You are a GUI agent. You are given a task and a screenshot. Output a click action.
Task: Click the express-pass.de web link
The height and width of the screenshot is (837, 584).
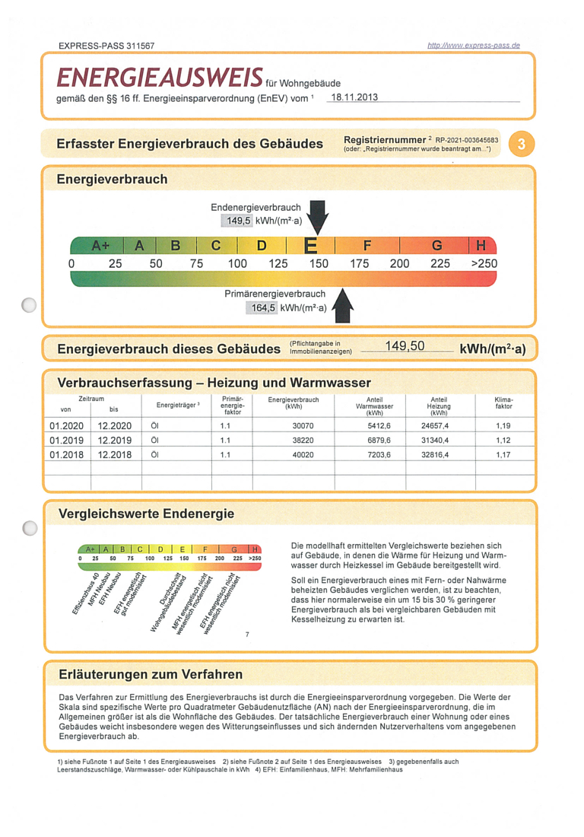click(x=474, y=46)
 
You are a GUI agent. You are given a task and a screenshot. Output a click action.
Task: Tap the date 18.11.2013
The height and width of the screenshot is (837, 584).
click(x=354, y=97)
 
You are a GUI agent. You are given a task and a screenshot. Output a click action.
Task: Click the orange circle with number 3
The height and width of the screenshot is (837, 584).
click(x=521, y=144)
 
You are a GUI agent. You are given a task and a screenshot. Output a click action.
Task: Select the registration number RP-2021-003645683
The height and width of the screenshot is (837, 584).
click(x=467, y=141)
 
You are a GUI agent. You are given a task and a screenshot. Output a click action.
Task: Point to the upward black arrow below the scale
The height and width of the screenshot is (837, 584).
click(x=343, y=305)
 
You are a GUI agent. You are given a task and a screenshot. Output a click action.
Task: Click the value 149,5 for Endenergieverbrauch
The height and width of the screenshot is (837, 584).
click(x=239, y=221)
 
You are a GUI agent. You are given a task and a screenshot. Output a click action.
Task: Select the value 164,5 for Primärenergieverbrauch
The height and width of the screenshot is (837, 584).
click(x=263, y=308)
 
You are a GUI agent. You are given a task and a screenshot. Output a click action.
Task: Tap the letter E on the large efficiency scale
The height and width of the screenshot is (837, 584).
click(x=310, y=246)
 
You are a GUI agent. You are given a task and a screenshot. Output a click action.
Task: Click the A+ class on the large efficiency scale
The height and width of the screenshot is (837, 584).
click(x=100, y=246)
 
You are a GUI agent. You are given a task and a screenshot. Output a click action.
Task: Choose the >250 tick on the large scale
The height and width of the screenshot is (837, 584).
click(x=484, y=264)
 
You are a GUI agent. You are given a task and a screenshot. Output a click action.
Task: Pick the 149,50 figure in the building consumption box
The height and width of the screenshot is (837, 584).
click(x=405, y=346)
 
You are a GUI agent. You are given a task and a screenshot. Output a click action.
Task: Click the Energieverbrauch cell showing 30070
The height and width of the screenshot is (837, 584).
click(x=303, y=426)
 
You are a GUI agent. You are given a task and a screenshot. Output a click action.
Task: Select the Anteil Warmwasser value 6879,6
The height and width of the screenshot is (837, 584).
click(x=379, y=441)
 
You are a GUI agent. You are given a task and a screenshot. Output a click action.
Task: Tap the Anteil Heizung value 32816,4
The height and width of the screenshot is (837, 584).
click(x=435, y=455)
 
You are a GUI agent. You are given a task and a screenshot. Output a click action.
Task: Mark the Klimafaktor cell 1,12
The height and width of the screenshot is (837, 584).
click(x=503, y=441)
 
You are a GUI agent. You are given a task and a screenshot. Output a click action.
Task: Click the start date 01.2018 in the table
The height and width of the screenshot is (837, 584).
click(x=67, y=455)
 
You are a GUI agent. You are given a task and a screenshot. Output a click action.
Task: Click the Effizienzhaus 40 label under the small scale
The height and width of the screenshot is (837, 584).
click(x=86, y=594)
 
